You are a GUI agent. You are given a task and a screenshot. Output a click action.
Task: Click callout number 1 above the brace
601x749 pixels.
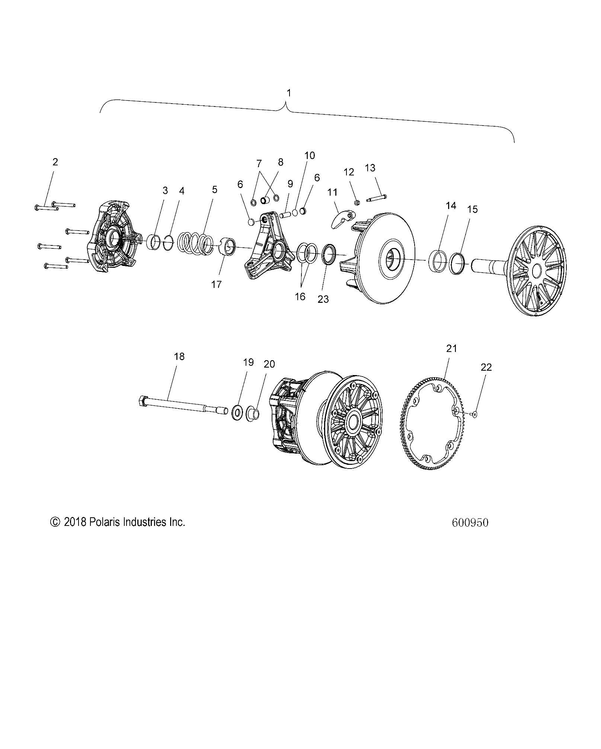point(288,93)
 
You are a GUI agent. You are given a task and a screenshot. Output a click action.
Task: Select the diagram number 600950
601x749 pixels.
point(470,523)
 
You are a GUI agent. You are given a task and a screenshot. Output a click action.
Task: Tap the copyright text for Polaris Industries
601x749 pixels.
point(118,522)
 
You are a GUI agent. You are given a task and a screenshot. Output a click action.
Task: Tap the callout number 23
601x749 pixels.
point(323,299)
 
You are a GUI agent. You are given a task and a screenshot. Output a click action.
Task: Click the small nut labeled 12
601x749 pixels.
point(356,203)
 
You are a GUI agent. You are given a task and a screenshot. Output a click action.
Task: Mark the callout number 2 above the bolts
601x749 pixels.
point(55,162)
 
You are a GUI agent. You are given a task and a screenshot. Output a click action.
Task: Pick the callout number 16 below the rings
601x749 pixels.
point(300,296)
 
